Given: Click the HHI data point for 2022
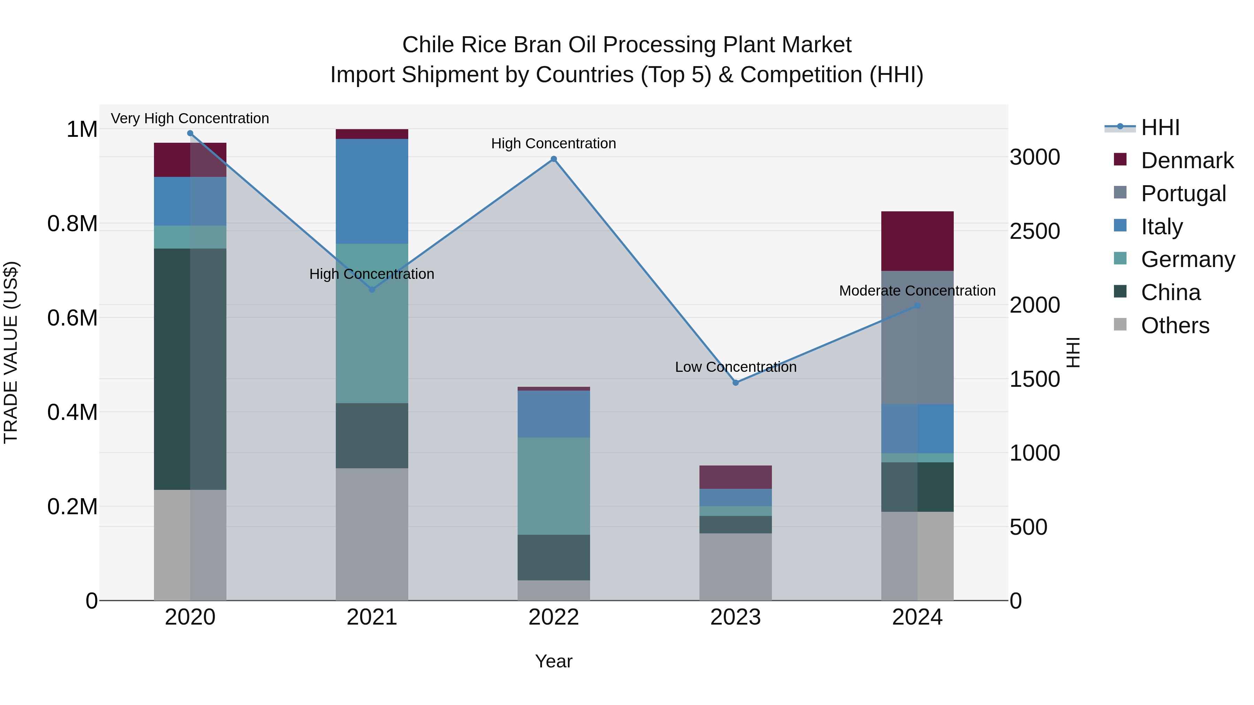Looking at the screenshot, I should pos(554,159).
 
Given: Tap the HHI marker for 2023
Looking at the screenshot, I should pos(736,383).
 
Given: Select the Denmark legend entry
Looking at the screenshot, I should pos(1187,160).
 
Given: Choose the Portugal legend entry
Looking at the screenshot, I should pos(1183,194).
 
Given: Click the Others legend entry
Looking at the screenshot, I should pos(1175,326).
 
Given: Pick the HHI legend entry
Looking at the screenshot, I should pos(1160,127).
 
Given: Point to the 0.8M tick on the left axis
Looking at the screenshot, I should pos(72,224).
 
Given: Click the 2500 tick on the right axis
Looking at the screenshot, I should pos(1035,231).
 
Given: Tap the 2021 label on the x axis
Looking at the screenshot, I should pos(372,617).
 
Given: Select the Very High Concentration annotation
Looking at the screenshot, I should pos(190,119).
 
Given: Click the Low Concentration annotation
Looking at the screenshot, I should pos(736,367).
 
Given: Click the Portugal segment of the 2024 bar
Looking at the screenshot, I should pos(917,338).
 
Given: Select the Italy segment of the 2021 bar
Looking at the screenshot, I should pos(372,191).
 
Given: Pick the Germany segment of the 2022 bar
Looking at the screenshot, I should pos(554,486).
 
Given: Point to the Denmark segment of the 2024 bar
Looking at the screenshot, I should pos(917,241).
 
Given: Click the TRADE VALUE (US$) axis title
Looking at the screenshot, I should pos(11,352).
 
